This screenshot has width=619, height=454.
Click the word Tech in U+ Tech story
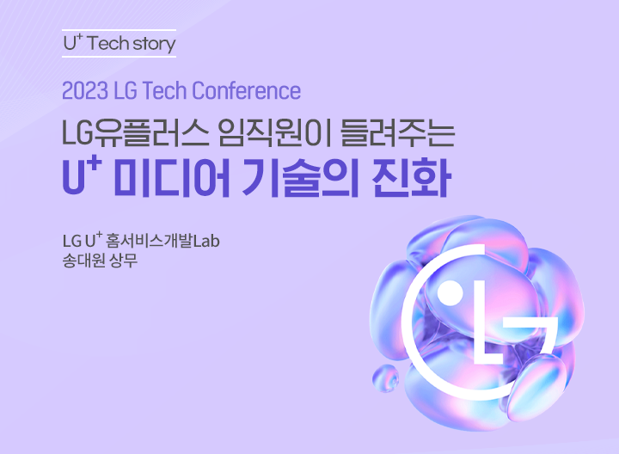point(107,43)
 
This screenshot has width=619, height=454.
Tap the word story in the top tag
point(154,45)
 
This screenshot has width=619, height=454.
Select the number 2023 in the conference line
point(85,91)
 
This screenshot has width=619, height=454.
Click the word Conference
point(247,91)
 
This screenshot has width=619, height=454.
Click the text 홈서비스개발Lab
point(163,241)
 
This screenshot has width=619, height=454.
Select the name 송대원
point(83,261)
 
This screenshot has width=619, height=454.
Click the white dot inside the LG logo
point(450,294)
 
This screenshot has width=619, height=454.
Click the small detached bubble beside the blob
point(385,377)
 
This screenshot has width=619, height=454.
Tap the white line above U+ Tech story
point(119,30)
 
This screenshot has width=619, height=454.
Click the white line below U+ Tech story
point(119,57)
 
